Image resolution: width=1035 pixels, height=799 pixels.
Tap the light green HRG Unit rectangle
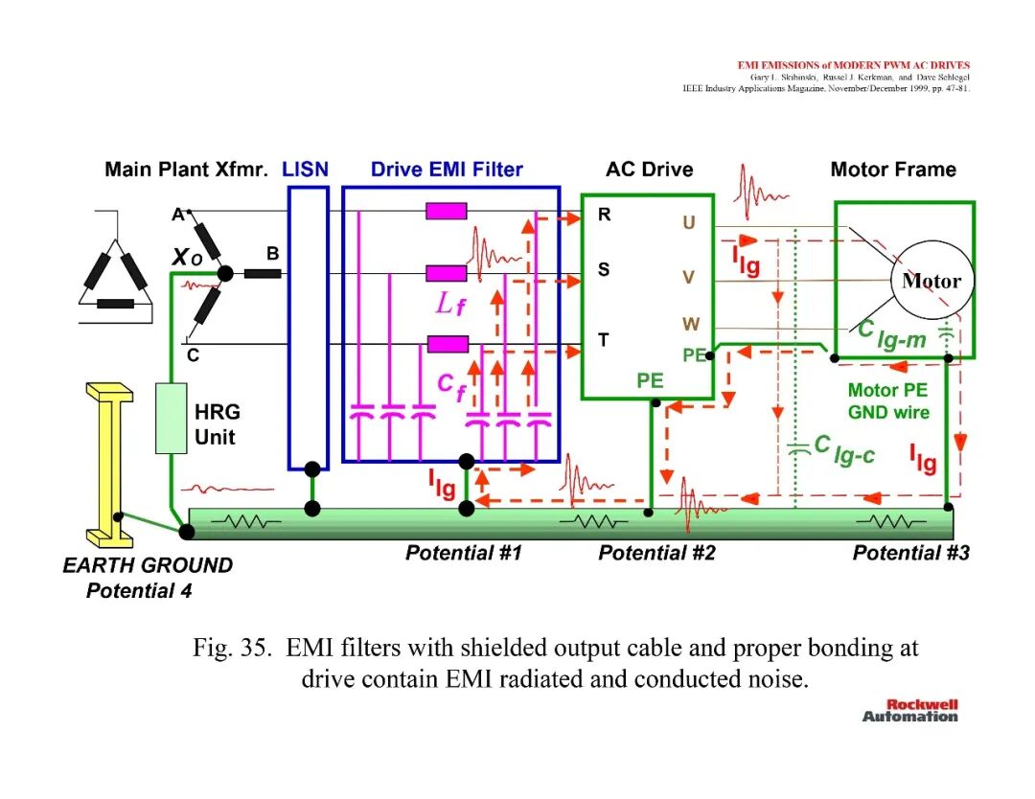171,419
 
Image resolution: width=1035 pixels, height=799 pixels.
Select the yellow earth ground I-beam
109,465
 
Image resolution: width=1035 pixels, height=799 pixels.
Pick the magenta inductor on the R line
447,211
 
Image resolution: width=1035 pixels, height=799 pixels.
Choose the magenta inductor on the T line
448,344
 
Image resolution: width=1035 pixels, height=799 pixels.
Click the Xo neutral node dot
225,272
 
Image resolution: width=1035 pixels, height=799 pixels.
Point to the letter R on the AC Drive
604,215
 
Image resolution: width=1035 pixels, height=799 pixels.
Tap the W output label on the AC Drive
690,324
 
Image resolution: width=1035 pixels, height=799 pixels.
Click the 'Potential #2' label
656,553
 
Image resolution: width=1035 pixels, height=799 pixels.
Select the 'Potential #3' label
911,553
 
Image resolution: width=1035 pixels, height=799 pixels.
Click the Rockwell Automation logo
910,711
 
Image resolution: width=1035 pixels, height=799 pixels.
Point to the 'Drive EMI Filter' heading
447,170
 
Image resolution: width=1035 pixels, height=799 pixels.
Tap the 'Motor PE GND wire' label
887,401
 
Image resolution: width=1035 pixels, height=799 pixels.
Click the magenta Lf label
450,304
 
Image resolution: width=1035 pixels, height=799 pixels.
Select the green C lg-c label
844,449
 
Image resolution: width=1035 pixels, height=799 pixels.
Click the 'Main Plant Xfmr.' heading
186,170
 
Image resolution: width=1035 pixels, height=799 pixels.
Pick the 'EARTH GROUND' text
148,565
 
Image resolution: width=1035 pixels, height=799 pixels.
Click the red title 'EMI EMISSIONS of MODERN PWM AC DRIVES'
854,65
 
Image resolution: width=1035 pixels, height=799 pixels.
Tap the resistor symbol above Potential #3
890,522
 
